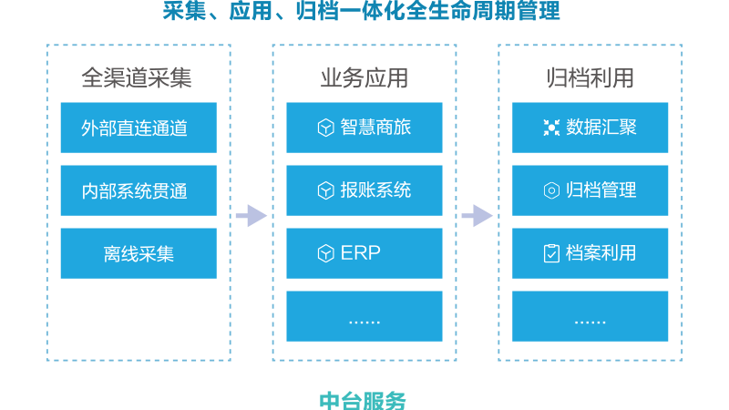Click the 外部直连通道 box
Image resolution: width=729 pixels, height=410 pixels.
click(139, 128)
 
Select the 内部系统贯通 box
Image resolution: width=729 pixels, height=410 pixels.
click(139, 190)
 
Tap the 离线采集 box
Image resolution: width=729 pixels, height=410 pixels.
click(139, 253)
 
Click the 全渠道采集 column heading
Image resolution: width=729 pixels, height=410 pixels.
click(136, 77)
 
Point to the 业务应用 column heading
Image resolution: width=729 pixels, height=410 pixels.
click(364, 77)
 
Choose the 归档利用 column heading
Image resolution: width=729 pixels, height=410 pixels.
click(590, 77)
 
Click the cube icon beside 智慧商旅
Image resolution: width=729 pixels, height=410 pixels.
click(325, 128)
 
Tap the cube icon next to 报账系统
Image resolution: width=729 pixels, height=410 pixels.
click(325, 190)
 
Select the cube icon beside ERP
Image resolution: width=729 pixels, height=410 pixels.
click(325, 253)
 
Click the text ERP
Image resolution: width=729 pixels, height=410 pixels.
click(360, 253)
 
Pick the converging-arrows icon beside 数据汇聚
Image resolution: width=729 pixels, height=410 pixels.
click(551, 128)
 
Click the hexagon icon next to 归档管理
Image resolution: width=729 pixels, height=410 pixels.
click(551, 190)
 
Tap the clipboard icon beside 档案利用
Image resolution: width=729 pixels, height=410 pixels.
click(551, 253)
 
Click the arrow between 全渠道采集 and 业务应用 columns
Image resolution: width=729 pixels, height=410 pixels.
click(252, 216)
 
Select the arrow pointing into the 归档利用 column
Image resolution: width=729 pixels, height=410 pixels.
click(477, 216)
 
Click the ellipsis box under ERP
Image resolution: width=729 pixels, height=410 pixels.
click(364, 316)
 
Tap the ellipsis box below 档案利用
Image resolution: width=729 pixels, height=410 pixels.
click(590, 316)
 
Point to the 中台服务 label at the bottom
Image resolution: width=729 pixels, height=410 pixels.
click(363, 401)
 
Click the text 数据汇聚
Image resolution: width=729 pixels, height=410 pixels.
click(601, 128)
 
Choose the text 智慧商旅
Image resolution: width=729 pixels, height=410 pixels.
click(375, 128)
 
